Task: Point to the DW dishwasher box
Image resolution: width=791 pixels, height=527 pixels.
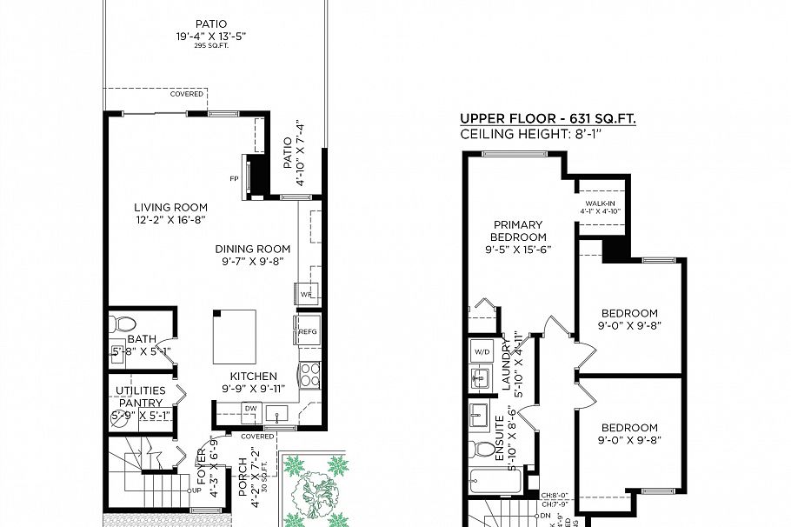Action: tap(250, 407)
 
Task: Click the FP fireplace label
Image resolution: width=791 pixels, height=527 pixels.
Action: tap(234, 179)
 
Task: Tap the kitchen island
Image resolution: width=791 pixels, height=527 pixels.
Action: tap(235, 337)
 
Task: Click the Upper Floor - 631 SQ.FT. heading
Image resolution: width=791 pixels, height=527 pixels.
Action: tap(548, 119)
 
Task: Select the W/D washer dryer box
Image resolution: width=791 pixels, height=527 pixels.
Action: tap(482, 352)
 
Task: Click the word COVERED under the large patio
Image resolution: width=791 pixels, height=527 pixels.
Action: tap(187, 94)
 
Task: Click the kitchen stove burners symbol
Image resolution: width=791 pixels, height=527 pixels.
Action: tap(309, 375)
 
